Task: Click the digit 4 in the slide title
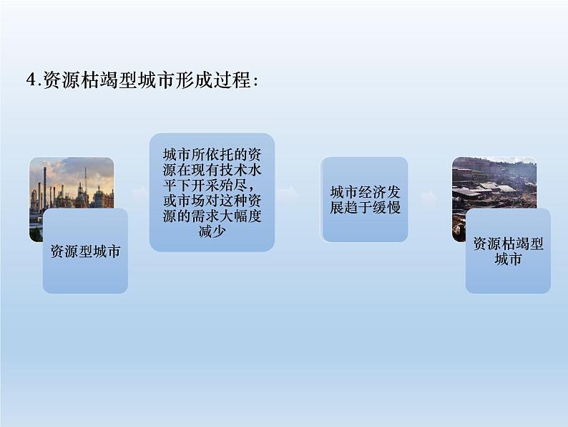tap(31, 80)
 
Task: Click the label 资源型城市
tap(86, 251)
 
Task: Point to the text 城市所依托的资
tap(212, 155)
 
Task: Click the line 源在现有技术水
tap(212, 170)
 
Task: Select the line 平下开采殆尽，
tap(212, 186)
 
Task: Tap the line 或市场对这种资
tap(212, 201)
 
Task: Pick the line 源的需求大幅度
tap(212, 216)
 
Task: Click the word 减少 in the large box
tap(212, 231)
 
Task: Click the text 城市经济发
tap(365, 192)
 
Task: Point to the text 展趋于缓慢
tap(365, 208)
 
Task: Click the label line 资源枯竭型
tap(508, 244)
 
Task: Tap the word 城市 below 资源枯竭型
tap(508, 259)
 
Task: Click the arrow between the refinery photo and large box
tap(139, 193)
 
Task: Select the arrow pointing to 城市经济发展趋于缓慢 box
tap(291, 193)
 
